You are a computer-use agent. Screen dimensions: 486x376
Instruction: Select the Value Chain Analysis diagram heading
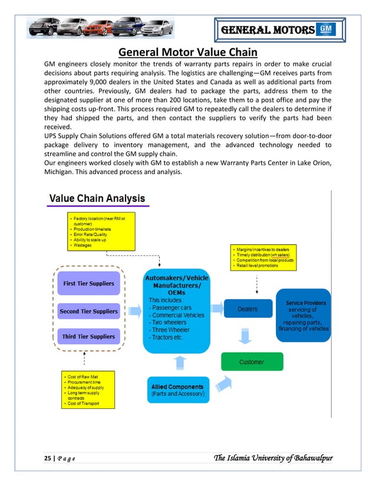point(97,199)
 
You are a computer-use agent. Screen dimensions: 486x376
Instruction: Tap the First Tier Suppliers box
point(88,284)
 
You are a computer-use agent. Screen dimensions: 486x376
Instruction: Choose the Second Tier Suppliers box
point(88,311)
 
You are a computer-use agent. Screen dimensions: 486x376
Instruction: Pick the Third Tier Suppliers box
point(88,337)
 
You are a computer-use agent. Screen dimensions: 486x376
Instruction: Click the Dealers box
point(247,309)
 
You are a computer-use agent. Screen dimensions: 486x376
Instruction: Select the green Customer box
point(251,362)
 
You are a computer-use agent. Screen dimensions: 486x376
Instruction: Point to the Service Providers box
point(305,316)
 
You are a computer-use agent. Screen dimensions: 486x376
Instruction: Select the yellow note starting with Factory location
point(101,231)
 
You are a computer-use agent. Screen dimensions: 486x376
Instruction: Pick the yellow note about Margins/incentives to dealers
point(263,258)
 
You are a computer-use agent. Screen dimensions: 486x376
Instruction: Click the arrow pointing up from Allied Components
point(180,364)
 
